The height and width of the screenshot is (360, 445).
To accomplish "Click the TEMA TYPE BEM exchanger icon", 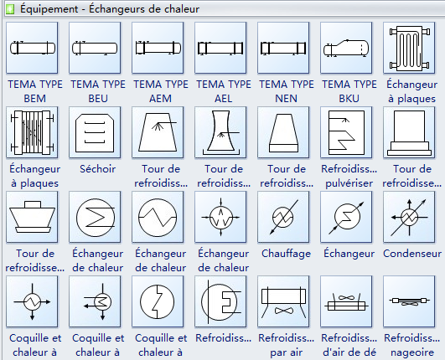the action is point(32,48).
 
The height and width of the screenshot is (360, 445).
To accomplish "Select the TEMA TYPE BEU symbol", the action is point(95,48).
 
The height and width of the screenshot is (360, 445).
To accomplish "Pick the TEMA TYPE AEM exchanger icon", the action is point(158,48).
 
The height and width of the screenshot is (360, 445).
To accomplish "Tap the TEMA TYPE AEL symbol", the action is point(220,48).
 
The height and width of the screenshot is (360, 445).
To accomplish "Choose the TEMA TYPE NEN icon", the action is point(283,48).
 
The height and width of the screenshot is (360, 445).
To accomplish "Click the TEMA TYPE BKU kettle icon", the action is point(346,48).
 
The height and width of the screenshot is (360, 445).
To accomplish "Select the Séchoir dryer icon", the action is point(95,132).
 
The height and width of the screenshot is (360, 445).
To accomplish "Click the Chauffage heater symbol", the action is point(283,217).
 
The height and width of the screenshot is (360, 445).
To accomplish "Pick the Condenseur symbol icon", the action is point(409,217).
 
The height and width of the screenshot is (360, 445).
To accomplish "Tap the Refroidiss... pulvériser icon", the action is point(346,132).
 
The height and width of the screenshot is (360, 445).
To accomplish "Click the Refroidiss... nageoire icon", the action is point(409,301).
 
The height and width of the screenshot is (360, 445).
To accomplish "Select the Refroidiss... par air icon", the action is point(283,301).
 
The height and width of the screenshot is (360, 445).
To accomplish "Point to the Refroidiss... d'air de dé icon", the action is point(346,301).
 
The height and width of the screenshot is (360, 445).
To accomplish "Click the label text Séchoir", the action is point(97,169).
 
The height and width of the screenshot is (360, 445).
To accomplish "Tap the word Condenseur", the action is point(412,254).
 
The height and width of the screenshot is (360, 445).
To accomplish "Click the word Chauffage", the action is point(286,254).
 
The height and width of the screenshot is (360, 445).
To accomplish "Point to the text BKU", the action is point(349,99).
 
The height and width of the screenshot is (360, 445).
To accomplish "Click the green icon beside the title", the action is point(10,9).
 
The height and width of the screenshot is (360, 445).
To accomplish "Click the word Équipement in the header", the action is point(49,8).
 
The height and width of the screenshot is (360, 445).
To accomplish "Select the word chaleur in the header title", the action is point(182,9).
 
